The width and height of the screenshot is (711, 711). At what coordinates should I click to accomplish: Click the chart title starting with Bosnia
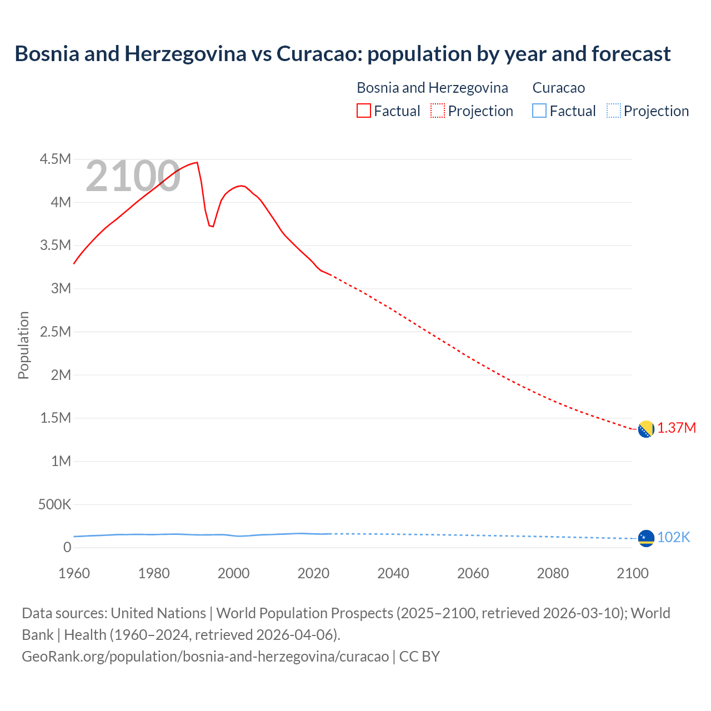pos(342,54)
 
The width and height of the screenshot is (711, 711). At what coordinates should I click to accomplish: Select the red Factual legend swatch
pos(363,111)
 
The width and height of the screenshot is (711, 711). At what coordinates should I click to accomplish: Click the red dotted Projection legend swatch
pos(438,111)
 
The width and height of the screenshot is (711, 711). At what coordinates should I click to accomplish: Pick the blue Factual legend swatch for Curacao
pos(539,111)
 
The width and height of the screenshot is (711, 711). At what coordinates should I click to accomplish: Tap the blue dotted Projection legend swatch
pos(614,111)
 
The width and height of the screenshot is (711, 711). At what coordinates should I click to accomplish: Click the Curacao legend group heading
pos(558,88)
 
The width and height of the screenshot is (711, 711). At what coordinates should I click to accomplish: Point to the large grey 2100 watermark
pos(133,177)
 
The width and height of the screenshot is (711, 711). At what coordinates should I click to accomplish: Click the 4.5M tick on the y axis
pos(56,159)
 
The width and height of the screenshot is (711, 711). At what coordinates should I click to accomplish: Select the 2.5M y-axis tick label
pos(56,332)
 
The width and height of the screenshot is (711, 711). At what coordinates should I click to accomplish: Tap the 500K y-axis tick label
pos(54,504)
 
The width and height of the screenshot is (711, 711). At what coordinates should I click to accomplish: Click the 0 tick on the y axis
pos(67,547)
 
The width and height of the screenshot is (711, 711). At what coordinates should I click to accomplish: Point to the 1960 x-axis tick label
pos(74,573)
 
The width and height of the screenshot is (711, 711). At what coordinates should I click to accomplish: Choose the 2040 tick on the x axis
pos(393,573)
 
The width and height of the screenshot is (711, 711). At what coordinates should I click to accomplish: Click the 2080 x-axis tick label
pos(553,573)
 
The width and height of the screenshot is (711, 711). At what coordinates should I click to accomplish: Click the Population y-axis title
pos(23,345)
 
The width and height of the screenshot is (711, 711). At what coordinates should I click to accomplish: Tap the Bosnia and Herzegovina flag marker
pos(645,429)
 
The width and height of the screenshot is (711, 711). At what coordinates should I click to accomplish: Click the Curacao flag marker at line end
pos(645,538)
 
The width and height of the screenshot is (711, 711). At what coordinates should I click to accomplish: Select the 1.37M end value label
pos(677,428)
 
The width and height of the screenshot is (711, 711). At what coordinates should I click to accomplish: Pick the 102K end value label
pos(673,537)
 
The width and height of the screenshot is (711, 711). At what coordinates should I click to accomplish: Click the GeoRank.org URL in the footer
pos(206,657)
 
